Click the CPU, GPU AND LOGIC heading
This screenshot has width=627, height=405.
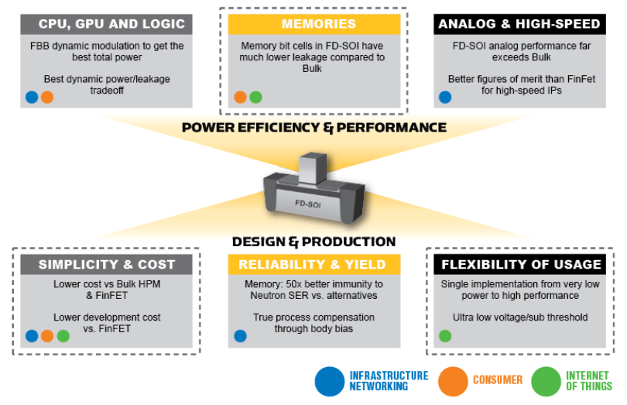click(107, 24)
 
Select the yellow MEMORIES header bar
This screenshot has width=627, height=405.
click(313, 24)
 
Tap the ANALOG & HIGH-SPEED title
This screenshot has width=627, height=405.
click(519, 24)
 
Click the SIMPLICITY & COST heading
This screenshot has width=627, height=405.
click(107, 264)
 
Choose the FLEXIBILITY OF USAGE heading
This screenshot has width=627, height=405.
click(520, 264)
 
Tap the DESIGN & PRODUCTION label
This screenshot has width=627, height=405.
click(313, 242)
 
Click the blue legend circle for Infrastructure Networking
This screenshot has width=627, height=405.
click(330, 380)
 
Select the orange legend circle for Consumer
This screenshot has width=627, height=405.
click(453, 380)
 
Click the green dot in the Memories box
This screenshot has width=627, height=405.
click(256, 98)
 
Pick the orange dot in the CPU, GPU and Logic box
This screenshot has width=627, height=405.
click(47, 98)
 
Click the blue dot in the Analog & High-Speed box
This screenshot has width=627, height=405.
click(445, 98)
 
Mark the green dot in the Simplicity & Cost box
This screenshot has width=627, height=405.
click(63, 336)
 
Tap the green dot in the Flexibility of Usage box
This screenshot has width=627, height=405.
click(445, 336)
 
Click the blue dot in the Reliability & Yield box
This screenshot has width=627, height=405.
click(240, 336)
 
